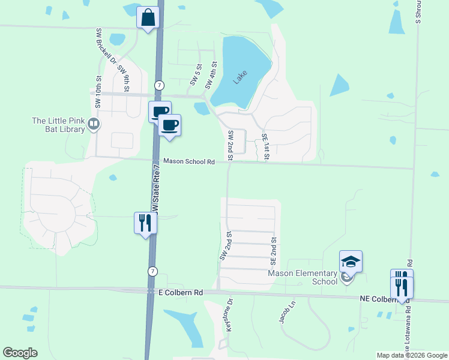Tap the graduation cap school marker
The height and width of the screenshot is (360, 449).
351,261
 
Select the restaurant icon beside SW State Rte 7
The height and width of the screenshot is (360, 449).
145,223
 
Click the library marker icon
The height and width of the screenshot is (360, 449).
93,124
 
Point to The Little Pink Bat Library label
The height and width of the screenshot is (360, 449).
58,125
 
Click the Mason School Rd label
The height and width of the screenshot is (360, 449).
189,162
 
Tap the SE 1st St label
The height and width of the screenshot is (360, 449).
265,146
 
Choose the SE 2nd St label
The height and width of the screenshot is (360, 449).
273,251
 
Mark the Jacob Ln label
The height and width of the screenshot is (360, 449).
288,312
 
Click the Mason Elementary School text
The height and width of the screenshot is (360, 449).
302,277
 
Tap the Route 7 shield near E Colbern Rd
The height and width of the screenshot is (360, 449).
153,271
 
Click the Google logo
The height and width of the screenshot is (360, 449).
20,353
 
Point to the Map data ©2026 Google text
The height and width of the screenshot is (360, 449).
412,355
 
